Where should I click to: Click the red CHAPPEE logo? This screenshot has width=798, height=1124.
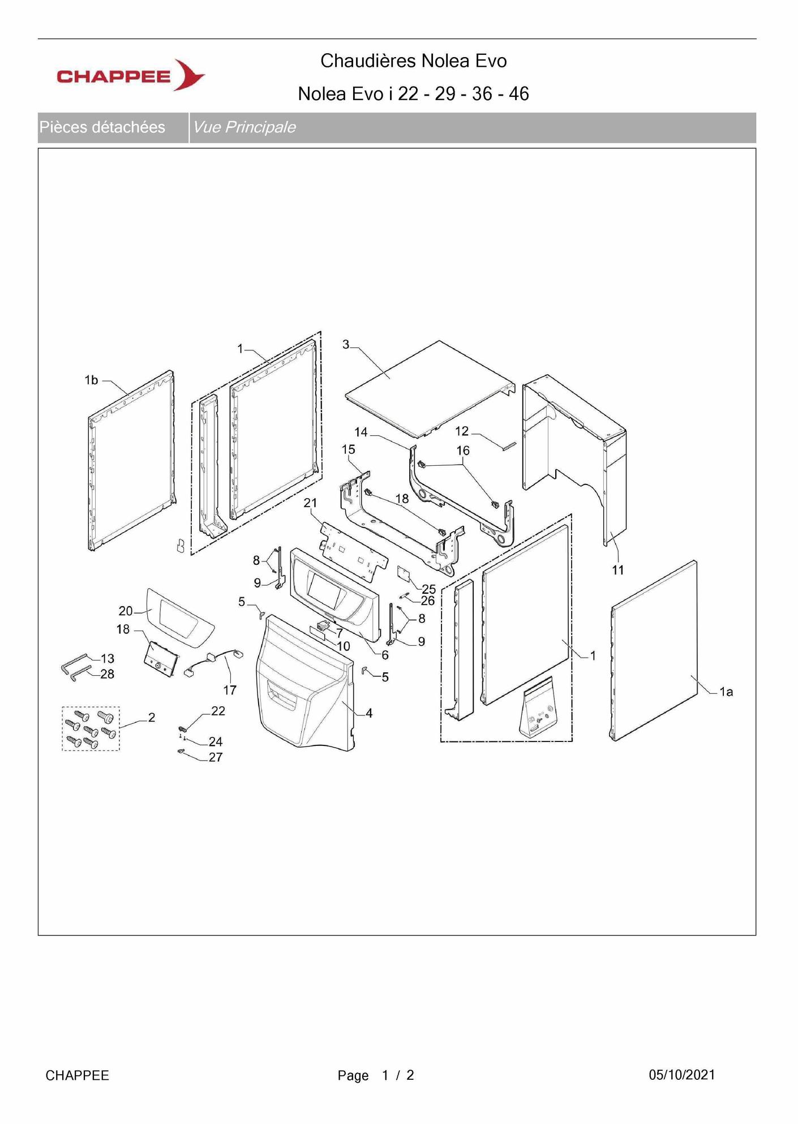[x=130, y=75]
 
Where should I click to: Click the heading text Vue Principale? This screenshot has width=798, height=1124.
[x=244, y=127]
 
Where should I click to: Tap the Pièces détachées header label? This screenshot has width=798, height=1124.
[x=102, y=127]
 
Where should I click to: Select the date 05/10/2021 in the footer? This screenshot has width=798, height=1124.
[x=681, y=1075]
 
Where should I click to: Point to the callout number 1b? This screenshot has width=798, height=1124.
[x=91, y=380]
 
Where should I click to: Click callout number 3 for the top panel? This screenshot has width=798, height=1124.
[x=346, y=345]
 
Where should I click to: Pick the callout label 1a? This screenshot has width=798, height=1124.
[x=726, y=692]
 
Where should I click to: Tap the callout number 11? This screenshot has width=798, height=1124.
[x=618, y=570]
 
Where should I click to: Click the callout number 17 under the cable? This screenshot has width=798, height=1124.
[x=230, y=690]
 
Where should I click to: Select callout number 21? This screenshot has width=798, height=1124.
[x=310, y=503]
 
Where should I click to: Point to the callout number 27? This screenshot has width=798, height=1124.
[x=216, y=757]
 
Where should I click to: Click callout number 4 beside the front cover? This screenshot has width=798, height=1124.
[x=369, y=713]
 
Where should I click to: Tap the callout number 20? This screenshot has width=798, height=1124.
[x=126, y=611]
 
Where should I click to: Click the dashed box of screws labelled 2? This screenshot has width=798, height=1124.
[x=91, y=728]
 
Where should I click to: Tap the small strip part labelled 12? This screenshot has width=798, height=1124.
[x=509, y=445]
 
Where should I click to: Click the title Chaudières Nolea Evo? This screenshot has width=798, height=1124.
[x=413, y=61]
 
